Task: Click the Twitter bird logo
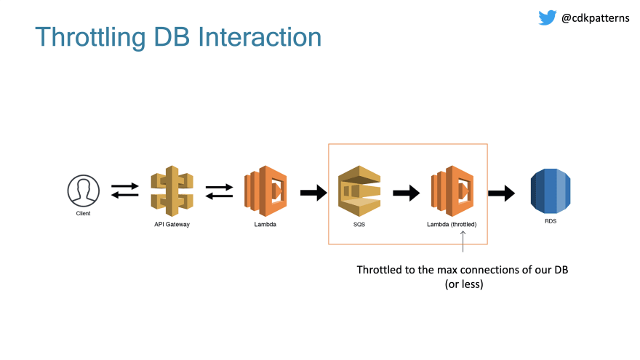pos(548,17)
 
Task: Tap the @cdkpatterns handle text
pos(596,18)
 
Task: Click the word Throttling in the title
pos(90,38)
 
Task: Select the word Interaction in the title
pos(260,37)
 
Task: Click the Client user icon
pos(83,191)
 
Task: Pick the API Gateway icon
pos(172,191)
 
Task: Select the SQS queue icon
pos(359,191)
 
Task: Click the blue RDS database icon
pos(551,191)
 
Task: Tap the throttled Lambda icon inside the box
pos(452,191)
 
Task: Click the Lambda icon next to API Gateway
pos(265,191)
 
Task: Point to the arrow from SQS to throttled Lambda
pos(406,193)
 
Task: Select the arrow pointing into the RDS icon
pos(501,193)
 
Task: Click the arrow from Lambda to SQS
pos(313,193)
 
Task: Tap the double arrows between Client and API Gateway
pos(125,191)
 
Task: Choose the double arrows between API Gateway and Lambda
pos(219,191)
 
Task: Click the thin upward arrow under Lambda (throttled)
pos(463,241)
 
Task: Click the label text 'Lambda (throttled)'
pos(452,224)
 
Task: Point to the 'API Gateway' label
pos(172,224)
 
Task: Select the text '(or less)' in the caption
pos(464,284)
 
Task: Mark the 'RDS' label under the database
pos(551,221)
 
